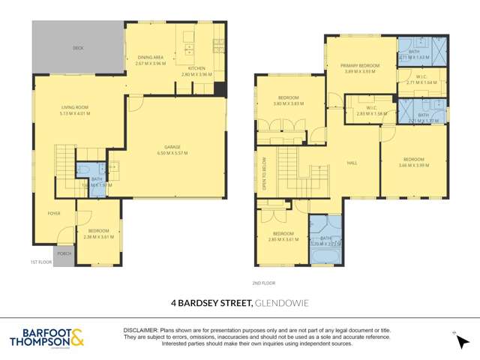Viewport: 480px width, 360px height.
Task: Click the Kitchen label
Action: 197,69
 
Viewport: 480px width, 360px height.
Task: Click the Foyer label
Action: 54,212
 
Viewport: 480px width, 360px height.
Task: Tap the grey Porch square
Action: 64,253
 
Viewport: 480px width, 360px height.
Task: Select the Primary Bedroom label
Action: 361,66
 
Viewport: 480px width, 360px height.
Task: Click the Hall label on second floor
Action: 351,162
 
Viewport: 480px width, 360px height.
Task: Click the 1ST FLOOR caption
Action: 40,262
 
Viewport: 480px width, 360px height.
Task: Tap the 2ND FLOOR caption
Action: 264,283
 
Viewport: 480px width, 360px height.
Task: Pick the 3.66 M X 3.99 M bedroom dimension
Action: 413,165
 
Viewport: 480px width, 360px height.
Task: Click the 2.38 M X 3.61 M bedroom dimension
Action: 97,236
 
